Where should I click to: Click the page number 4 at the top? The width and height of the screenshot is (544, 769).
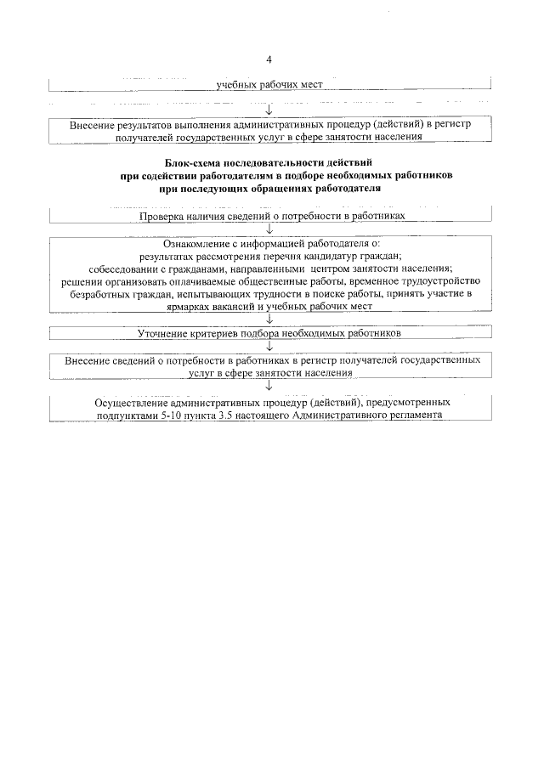click(x=269, y=60)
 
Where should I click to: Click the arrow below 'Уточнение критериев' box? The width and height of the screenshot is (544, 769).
click(x=269, y=346)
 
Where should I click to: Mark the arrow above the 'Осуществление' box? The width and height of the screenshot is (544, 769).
click(x=269, y=387)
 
